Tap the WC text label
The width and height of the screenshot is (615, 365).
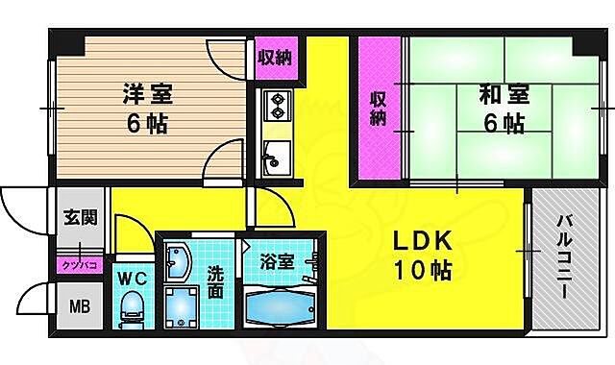click(x=131, y=280)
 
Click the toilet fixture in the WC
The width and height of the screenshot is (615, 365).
click(x=131, y=309)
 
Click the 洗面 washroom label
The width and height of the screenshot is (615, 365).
click(x=217, y=281)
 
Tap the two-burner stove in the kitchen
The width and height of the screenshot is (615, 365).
click(x=277, y=104)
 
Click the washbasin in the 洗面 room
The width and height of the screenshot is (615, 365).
click(x=179, y=262)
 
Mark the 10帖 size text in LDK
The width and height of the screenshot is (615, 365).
click(x=420, y=272)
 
